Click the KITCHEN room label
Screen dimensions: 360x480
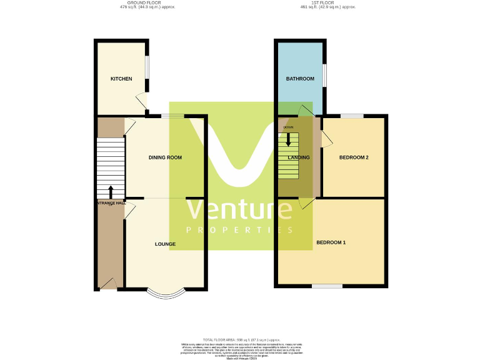coord(121,79)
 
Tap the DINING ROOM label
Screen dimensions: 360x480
coord(165,157)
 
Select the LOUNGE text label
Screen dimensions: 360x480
coord(165,244)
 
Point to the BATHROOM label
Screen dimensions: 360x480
coord(300,79)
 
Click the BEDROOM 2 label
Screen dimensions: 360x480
coord(354,157)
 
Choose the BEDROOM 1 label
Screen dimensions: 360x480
coord(331,242)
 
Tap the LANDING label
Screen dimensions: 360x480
coord(299,157)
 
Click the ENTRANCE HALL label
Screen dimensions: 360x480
coord(111,203)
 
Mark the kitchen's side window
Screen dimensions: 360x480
coord(147,67)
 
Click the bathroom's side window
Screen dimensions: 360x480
coord(324,75)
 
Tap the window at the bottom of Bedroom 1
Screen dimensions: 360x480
coord(327,286)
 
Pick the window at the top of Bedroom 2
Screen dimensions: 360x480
coord(352,116)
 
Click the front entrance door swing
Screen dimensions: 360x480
coord(107,285)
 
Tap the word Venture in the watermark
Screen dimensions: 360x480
coord(241,210)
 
